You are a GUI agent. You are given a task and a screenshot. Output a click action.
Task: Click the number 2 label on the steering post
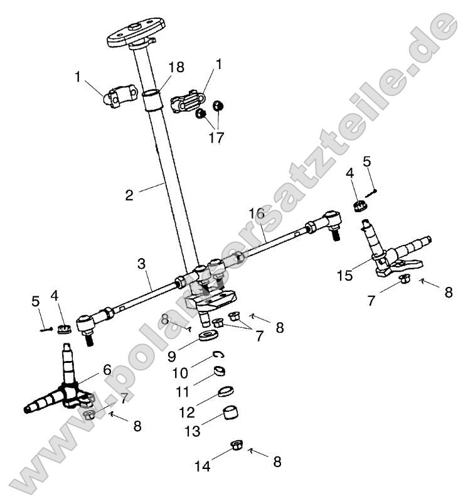(129, 195)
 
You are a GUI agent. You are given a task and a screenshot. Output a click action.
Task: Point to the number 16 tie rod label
(256, 213)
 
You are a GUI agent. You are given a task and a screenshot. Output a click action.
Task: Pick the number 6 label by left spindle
(107, 370)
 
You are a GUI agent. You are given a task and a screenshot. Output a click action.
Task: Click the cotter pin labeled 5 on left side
(46, 329)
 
